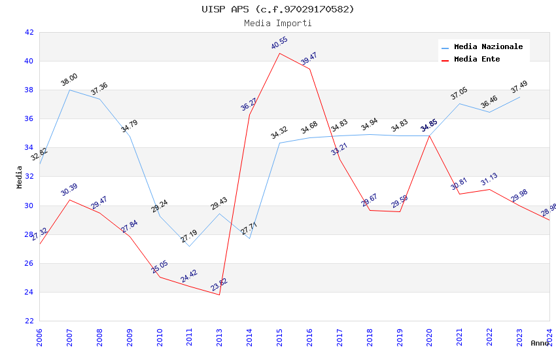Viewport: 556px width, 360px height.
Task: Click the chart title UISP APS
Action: coord(277,9)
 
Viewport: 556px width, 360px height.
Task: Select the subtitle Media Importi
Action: coord(277,23)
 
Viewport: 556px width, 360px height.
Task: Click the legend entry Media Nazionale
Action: coord(488,46)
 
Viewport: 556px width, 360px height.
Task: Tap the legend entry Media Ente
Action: coord(477,59)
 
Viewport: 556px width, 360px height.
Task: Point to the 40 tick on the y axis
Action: coord(29,61)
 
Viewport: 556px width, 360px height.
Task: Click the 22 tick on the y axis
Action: coord(29,321)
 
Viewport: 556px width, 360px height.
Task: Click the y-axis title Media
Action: coord(20,177)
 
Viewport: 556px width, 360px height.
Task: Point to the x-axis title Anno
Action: coord(540,343)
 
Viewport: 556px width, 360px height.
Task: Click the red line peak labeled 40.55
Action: coord(280,53)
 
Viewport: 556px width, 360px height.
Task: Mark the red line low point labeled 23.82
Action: coord(220,295)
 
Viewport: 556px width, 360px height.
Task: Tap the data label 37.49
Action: coord(519,86)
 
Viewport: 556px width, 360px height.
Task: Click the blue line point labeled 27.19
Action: coord(190,246)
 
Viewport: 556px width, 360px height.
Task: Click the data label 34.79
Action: coord(129,126)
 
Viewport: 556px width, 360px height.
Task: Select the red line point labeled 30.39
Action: coord(69,200)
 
